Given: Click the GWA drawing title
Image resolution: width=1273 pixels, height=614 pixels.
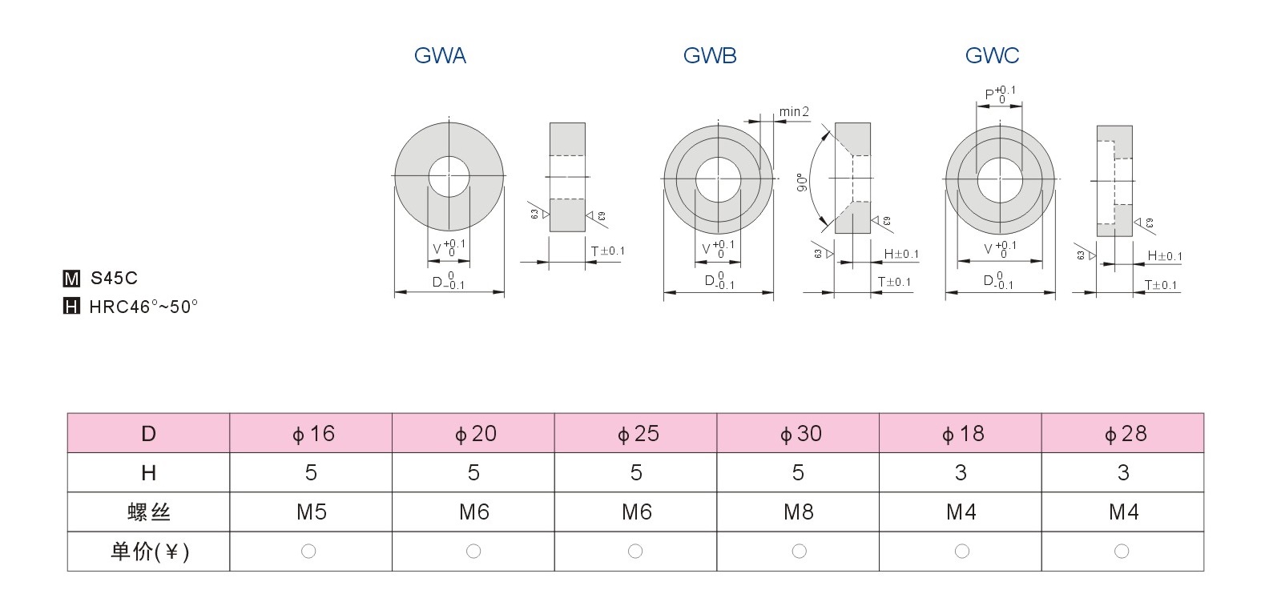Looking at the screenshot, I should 440,55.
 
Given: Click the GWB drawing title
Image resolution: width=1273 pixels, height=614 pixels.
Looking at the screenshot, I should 710,55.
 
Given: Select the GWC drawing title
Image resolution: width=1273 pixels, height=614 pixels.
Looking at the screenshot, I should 992,55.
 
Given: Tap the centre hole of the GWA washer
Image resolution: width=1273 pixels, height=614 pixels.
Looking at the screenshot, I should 449,175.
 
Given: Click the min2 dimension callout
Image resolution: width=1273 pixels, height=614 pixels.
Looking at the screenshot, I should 794,111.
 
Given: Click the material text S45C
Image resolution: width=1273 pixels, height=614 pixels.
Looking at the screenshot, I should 114,278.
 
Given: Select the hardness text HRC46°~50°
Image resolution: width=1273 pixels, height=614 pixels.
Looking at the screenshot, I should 143,307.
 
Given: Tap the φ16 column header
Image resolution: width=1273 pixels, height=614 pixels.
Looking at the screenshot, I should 312,434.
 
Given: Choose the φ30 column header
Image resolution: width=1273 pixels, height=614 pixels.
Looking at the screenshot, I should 799,434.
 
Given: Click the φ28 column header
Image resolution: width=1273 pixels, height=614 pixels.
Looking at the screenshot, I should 1123,434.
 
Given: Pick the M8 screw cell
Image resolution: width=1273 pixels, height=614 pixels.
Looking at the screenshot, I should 799,512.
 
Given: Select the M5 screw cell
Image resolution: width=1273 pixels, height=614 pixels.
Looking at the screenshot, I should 312,512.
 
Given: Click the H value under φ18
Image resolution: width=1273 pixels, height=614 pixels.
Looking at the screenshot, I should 961,473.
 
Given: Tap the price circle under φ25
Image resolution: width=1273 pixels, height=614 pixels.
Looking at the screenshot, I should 635,551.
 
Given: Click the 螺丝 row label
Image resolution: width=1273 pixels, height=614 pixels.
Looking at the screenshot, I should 149,512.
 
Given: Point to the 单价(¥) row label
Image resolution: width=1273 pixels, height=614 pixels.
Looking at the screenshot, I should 149,552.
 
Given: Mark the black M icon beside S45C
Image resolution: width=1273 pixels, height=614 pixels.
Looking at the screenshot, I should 71,279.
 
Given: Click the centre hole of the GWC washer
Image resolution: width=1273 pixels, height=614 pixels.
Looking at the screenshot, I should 999,176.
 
